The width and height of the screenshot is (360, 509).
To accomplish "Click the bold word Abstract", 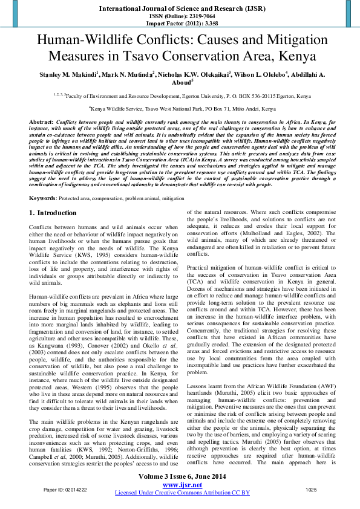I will click(x=41, y=122).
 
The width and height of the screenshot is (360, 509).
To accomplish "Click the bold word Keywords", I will click(x=42, y=181).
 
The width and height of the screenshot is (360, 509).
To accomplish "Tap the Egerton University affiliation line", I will click(x=184, y=96).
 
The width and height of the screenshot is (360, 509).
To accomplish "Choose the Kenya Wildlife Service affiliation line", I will click(x=182, y=109).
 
